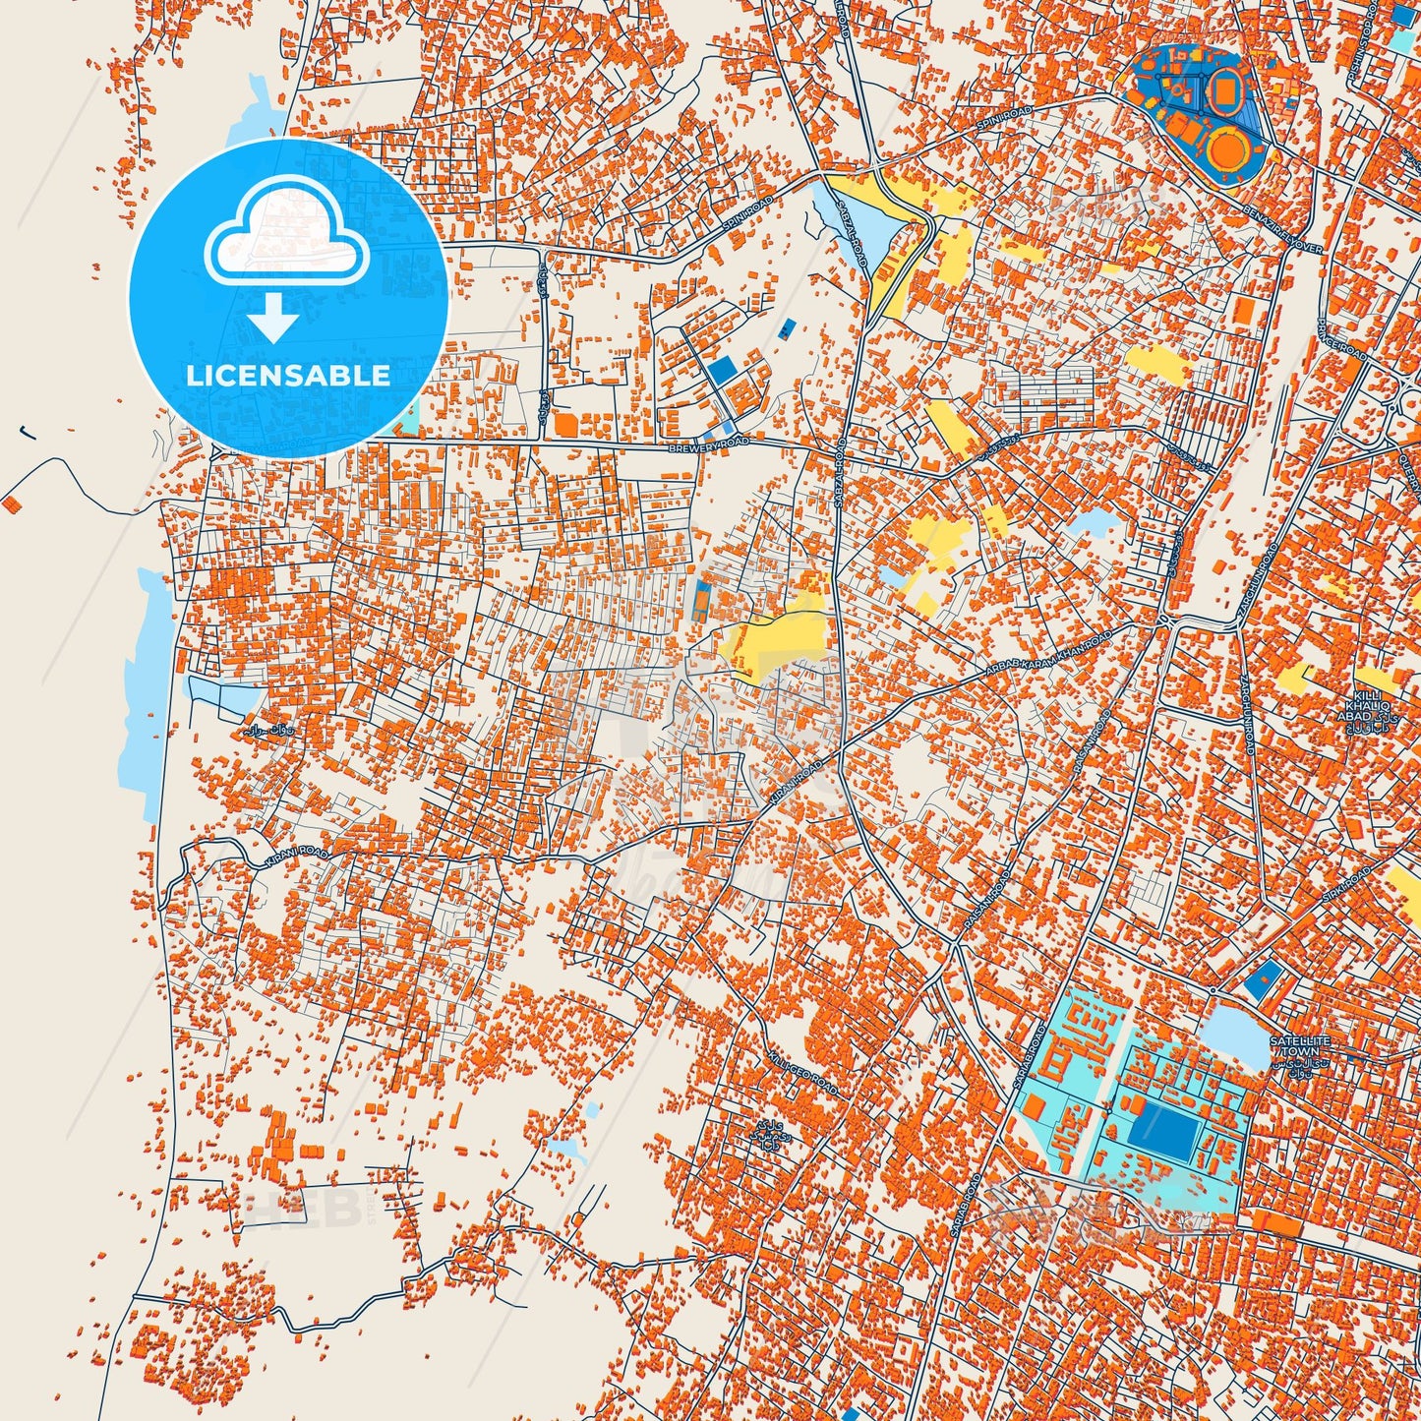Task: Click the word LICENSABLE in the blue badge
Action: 288,376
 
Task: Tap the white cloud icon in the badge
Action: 287,234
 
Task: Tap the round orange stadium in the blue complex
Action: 1228,149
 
